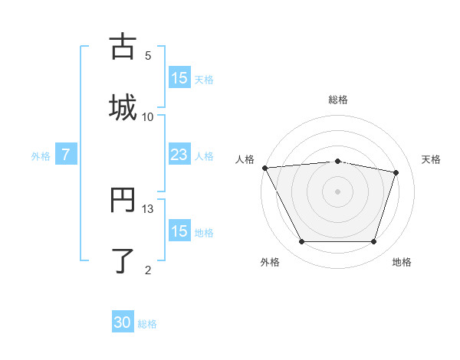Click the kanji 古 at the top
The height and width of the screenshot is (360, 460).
(123, 47)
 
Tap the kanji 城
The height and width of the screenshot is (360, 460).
(123, 107)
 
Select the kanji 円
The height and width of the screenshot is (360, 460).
(123, 201)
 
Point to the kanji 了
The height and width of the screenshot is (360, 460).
(123, 260)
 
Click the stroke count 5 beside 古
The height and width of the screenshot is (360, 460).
(148, 55)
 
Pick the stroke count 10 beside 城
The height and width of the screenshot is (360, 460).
(148, 116)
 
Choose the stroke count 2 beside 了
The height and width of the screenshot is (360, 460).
(148, 270)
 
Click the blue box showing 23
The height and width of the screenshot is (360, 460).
(179, 155)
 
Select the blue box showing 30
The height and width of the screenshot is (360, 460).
(123, 323)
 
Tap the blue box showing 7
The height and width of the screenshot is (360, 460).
(66, 155)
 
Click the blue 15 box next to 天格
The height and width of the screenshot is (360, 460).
(179, 78)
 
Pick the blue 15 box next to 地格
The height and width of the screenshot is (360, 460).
(179, 231)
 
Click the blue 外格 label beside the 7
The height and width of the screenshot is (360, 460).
(41, 155)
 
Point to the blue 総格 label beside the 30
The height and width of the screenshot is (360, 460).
(147, 324)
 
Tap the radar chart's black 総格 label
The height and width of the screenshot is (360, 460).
(338, 100)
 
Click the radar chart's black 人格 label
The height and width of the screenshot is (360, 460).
(245, 159)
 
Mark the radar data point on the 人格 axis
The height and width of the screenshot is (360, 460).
(264, 168)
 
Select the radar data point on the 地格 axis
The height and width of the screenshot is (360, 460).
(373, 242)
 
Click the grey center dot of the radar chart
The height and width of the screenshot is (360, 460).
(338, 191)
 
